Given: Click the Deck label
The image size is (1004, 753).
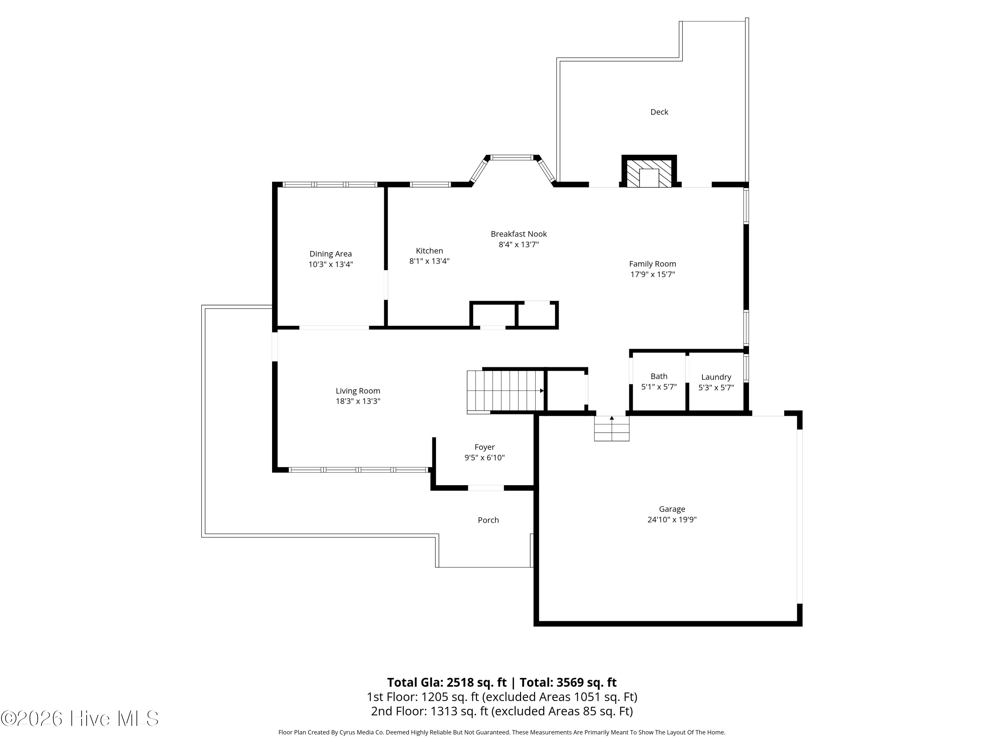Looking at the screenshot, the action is [x=659, y=112].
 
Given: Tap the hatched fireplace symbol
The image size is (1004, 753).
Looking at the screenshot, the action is [x=649, y=172].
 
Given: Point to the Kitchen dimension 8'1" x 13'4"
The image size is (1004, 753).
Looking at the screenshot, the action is [x=429, y=261].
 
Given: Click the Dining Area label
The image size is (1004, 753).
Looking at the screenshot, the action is [x=330, y=254].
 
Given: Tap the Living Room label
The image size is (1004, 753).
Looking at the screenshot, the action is [x=358, y=391].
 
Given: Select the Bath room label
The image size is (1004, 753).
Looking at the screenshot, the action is [x=659, y=376].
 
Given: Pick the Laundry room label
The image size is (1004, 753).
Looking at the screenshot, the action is [x=716, y=377].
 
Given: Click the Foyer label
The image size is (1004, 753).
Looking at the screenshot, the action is [x=485, y=447].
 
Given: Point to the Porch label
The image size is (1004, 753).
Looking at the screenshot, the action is [x=488, y=520].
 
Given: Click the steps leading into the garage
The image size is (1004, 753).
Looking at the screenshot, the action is [x=612, y=428].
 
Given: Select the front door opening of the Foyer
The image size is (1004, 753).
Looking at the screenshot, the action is [x=486, y=488].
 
